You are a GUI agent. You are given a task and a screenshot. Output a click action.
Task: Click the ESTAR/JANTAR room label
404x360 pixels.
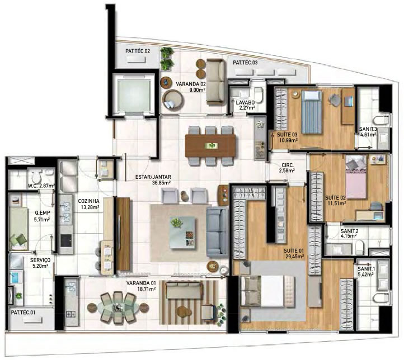tap(153, 177)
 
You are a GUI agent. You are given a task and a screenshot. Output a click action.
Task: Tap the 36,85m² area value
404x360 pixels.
tap(162, 183)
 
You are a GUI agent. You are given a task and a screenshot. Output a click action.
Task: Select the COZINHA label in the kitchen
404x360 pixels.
tap(88, 201)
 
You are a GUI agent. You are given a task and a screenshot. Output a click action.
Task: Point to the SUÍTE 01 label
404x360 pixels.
tap(294, 250)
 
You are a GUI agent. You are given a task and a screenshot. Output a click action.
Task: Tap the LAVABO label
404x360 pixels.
tap(245, 102)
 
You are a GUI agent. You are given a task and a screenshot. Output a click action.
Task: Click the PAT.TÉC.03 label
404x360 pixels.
tap(245, 63)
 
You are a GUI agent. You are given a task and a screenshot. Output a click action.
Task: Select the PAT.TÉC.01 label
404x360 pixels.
tap(23, 312)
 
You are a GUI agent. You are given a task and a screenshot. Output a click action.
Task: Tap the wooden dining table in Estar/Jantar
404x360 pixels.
tap(210, 146)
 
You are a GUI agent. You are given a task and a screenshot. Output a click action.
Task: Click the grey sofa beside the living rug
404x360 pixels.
tap(217, 233)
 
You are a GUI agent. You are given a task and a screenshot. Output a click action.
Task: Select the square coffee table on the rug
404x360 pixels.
tap(182, 233)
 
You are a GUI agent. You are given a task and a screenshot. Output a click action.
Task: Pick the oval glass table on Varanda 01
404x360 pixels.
tap(118, 307)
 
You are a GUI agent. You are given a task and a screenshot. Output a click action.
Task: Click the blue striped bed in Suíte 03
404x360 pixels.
tap(312, 112)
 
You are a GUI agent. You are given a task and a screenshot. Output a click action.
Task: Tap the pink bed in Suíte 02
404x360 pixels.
tap(355, 177)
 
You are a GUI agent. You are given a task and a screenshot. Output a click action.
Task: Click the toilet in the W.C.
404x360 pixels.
tap(36, 176)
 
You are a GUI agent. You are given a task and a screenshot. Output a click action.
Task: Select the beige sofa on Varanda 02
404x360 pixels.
tap(216, 82)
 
